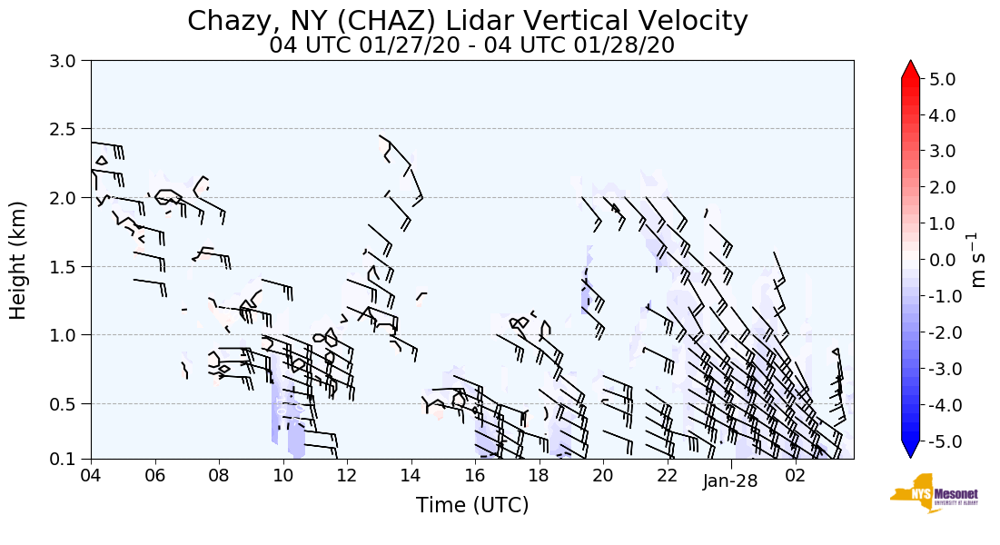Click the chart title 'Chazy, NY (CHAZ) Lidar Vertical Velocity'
point(468,21)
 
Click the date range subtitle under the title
point(471,45)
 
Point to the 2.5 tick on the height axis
point(71,129)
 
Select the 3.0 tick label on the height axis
point(71,61)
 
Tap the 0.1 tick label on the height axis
point(71,459)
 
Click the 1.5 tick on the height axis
point(71,266)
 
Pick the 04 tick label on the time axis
point(91,475)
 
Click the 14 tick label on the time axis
point(411,475)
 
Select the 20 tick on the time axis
point(602,475)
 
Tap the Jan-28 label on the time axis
point(730,481)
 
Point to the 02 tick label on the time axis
point(795,475)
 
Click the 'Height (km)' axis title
point(19,260)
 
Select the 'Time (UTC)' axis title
point(471,505)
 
